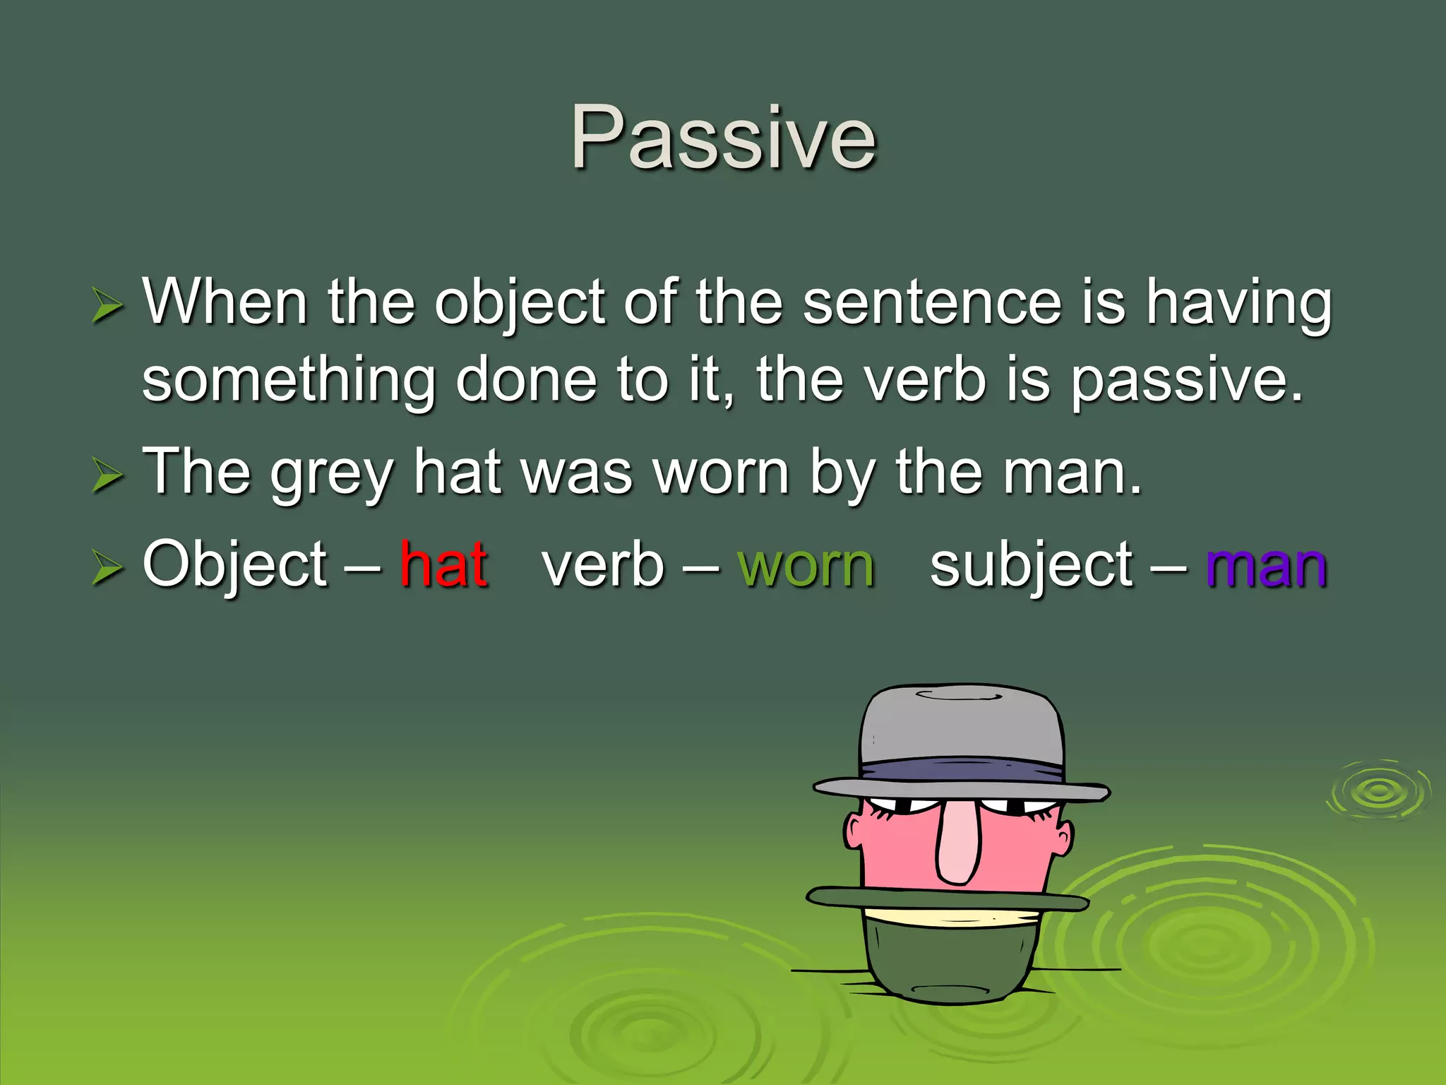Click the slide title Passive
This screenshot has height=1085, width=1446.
[723, 138]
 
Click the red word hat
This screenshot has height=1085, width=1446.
[444, 564]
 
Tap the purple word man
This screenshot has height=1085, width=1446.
[1267, 566]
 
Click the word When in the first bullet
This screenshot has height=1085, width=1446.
[225, 302]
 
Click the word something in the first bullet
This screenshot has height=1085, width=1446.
[289, 381]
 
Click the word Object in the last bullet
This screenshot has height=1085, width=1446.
[235, 566]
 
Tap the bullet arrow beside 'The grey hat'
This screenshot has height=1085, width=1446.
[107, 474]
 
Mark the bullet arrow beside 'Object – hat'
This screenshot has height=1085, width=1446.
[107, 568]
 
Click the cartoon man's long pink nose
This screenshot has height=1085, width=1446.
[957, 844]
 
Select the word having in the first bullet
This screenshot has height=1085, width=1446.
[1239, 303]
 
